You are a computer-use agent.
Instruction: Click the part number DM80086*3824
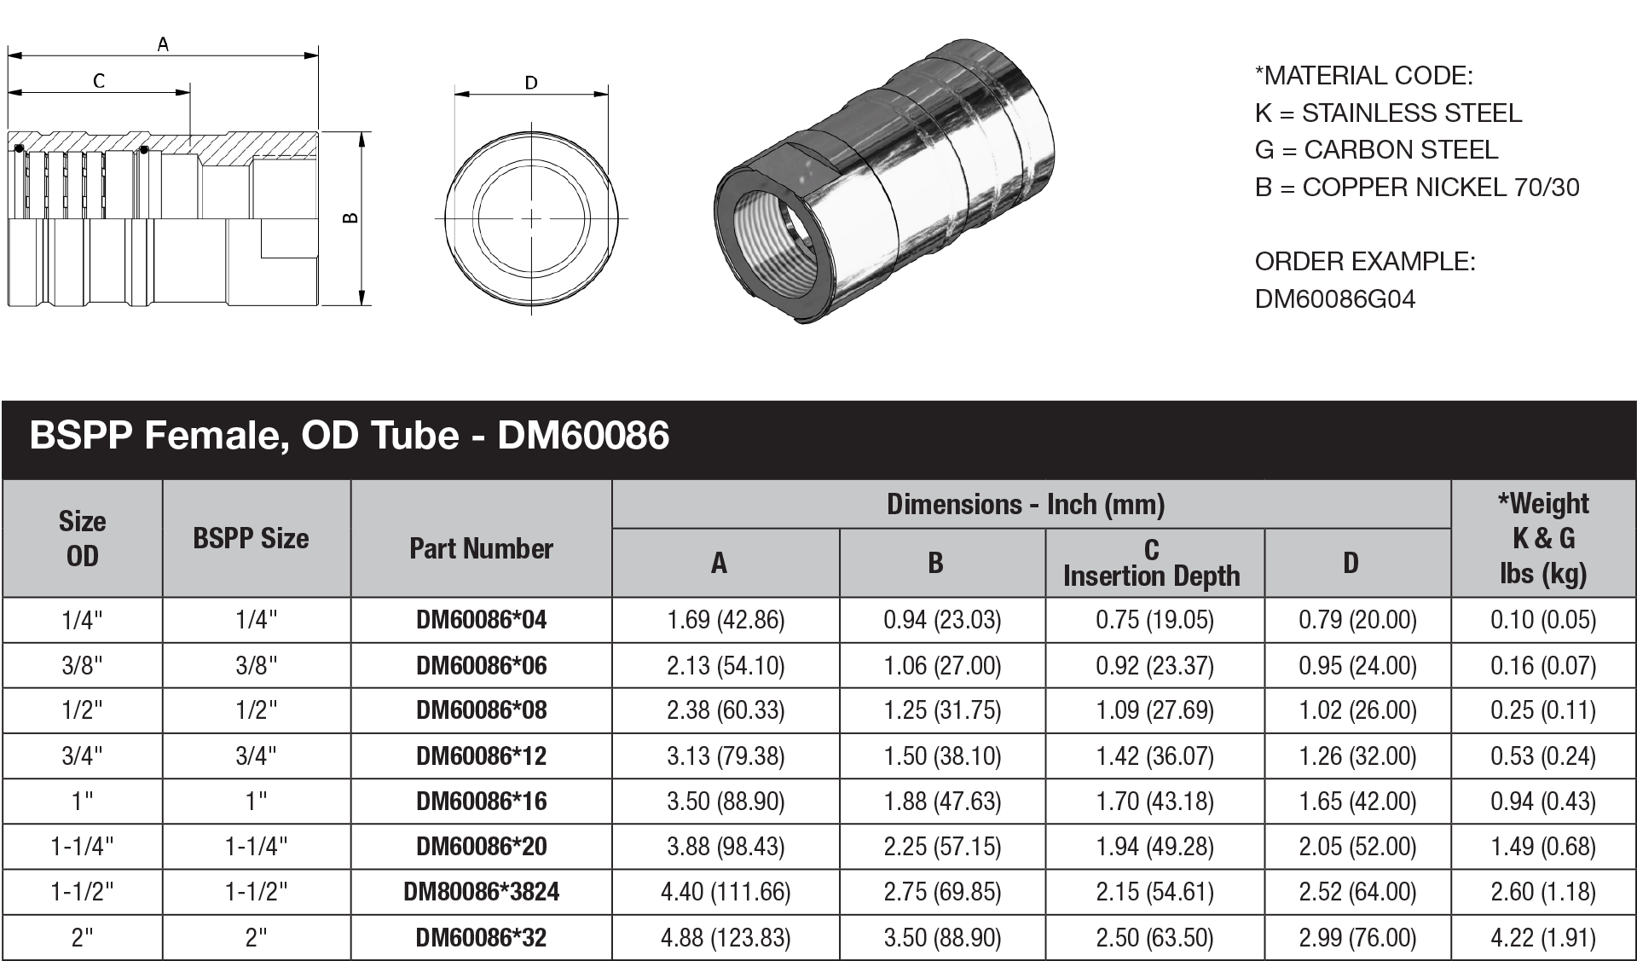point(481,892)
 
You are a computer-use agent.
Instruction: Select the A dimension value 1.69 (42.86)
point(726,620)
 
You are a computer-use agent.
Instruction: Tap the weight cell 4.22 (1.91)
point(1542,938)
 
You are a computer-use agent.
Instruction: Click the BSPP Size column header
point(251,539)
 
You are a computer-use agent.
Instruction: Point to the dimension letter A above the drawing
point(163,44)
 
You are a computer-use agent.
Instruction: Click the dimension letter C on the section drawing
point(99,81)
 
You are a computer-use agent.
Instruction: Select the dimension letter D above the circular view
point(531,83)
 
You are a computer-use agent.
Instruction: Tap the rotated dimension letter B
point(350,218)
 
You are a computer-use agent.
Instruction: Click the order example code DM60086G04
point(1334,299)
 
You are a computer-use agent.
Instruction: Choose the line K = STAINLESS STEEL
point(1387,113)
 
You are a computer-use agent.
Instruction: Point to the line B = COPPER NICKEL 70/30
point(1416,188)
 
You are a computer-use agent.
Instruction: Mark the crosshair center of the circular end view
point(531,219)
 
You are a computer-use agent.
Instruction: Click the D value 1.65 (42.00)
point(1357,802)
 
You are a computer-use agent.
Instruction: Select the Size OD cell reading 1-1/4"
point(82,847)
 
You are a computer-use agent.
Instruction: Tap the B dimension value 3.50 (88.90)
point(942,938)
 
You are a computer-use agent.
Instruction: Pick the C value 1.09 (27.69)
point(1154,710)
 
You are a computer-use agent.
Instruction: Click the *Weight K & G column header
point(1542,539)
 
